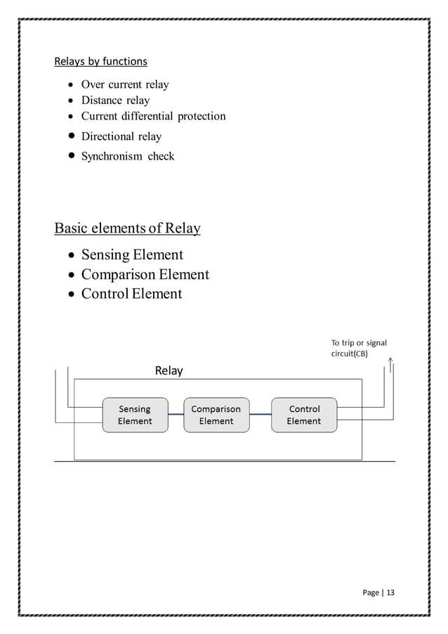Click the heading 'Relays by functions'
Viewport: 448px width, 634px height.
pos(100,61)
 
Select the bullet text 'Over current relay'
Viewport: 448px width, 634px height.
pos(125,85)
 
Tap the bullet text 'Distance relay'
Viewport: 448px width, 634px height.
pos(115,101)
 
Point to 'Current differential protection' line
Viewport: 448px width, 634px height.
pos(153,116)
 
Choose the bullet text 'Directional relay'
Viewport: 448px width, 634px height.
pos(121,136)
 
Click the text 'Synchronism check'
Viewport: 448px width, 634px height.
pos(127,156)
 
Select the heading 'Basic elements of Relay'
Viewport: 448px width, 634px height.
pos(127,228)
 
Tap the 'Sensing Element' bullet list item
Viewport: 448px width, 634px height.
pos(132,254)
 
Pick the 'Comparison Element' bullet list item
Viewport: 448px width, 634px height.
pos(145,274)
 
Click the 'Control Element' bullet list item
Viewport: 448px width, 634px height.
pos(131,294)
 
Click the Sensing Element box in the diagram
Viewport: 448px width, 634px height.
pos(135,415)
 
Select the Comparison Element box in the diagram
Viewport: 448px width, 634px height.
pos(216,415)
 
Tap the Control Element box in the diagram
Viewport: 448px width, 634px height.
pos(304,415)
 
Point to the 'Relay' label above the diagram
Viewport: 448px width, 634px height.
pos(169,370)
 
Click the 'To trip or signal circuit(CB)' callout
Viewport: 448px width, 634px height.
pos(358,349)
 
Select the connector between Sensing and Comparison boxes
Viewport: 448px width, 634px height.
pos(176,415)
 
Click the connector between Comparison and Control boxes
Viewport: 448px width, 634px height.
pos(260,415)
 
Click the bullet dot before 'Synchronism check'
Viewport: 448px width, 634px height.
pos(72,156)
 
